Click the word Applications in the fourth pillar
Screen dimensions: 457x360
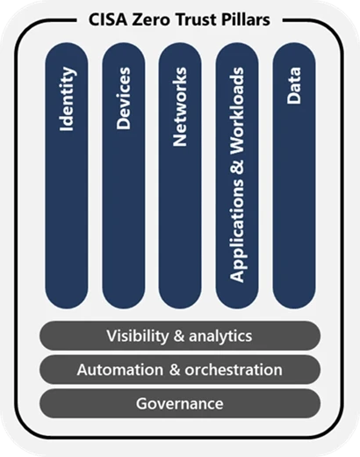click(237, 237)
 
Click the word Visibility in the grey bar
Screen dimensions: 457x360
click(138, 336)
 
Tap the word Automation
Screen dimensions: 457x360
click(115, 370)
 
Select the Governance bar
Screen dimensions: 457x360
click(179, 403)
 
